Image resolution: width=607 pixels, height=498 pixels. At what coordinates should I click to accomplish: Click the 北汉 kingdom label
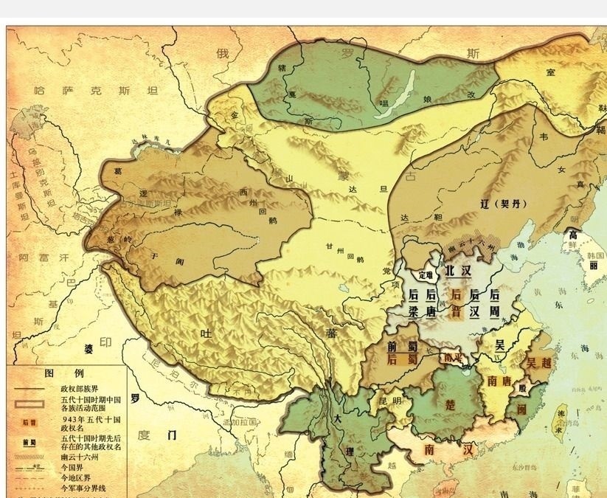[457, 271]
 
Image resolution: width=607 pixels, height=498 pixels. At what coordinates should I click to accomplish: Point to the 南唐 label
[502, 381]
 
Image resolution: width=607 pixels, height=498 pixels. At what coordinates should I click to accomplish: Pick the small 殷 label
[523, 388]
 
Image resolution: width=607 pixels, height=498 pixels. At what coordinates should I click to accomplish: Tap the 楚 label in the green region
[451, 405]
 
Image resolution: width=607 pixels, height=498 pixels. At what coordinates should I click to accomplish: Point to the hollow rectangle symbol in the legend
[30, 404]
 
